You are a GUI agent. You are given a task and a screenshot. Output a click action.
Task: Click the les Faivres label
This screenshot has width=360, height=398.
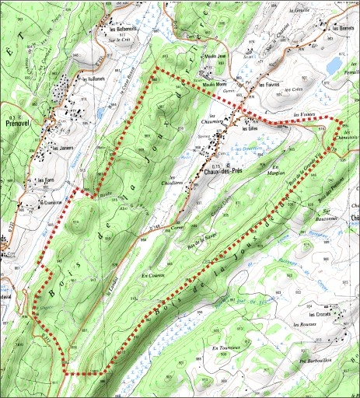click(269, 84)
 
